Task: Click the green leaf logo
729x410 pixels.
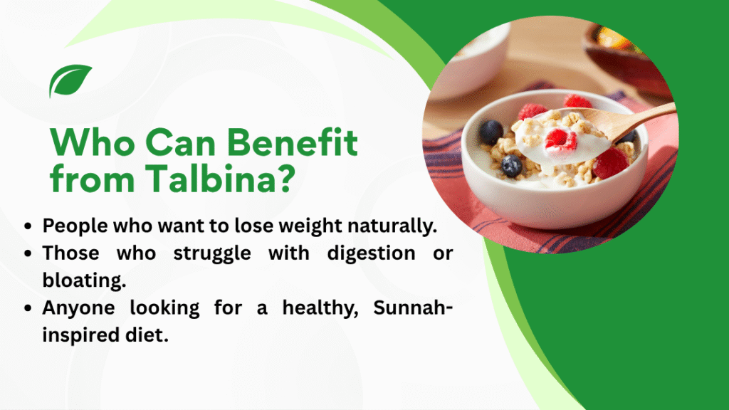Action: (70, 80)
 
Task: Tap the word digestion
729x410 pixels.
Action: (371, 253)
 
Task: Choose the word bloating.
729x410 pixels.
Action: (84, 280)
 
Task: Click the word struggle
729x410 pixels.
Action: (212, 253)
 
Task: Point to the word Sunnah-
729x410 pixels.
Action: (413, 307)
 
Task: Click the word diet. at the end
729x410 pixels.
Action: (147, 335)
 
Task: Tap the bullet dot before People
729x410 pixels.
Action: (28, 226)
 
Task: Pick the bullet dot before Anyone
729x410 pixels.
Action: (28, 308)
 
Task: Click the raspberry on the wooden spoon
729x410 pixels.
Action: (561, 139)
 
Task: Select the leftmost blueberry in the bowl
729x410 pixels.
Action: (491, 132)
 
